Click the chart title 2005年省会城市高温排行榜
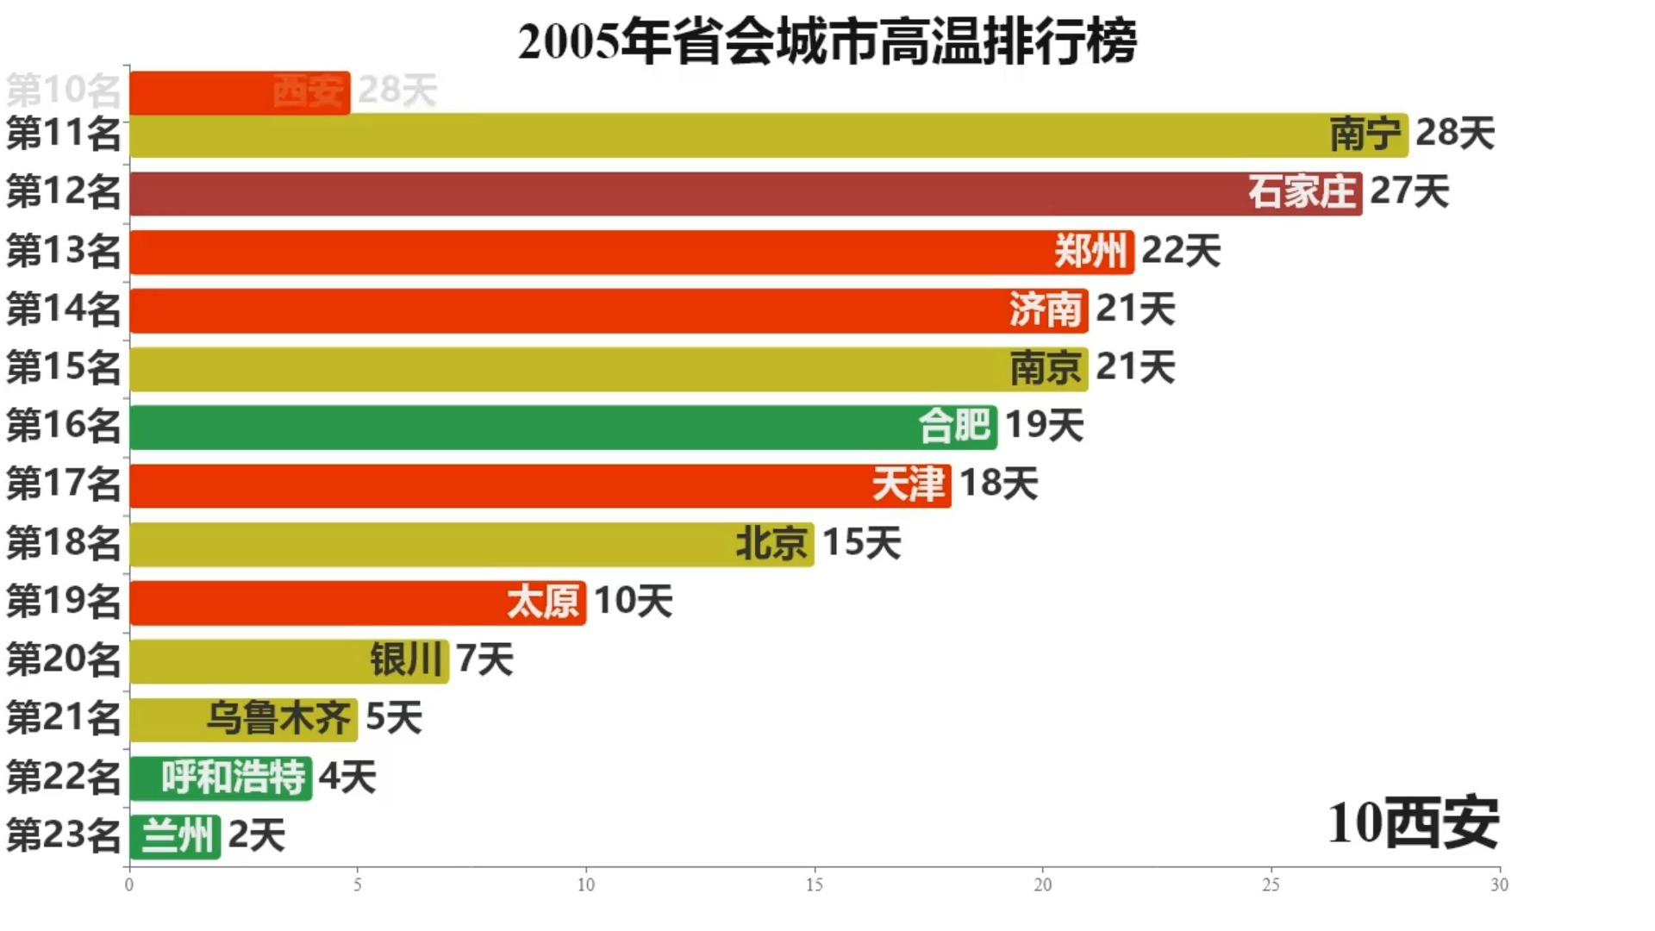(827, 41)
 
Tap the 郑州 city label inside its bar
(1090, 252)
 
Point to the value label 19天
(1044, 426)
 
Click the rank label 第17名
(64, 484)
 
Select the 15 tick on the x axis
(814, 884)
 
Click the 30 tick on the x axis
(1499, 884)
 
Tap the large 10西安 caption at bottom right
(1413, 824)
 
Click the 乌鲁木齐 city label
(278, 719)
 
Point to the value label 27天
(1409, 192)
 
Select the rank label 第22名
(64, 778)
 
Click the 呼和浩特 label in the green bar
(233, 778)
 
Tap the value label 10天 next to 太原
(633, 602)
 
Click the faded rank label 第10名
(64, 90)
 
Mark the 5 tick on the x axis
(358, 884)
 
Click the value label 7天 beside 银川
(484, 660)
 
